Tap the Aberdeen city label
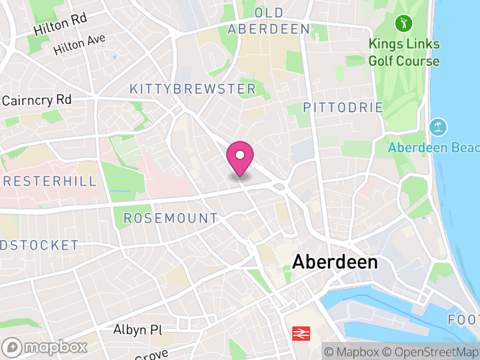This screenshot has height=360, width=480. click(x=335, y=262)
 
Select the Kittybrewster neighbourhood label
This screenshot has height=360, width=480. click(x=193, y=89)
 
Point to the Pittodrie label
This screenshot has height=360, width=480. click(x=343, y=108)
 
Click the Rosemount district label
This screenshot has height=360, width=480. click(x=171, y=218)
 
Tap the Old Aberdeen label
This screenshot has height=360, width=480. click(x=269, y=21)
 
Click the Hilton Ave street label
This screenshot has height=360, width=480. click(x=79, y=45)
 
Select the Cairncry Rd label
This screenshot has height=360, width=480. click(x=37, y=100)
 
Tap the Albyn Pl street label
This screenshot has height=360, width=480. click(x=138, y=330)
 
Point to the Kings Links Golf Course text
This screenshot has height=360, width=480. click(x=404, y=53)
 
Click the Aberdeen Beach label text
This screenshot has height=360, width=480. click(x=434, y=148)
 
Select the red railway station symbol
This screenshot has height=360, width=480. click(x=301, y=334)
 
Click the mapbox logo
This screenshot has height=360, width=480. click(x=45, y=347)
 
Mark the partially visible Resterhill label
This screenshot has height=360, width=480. click(x=49, y=181)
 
